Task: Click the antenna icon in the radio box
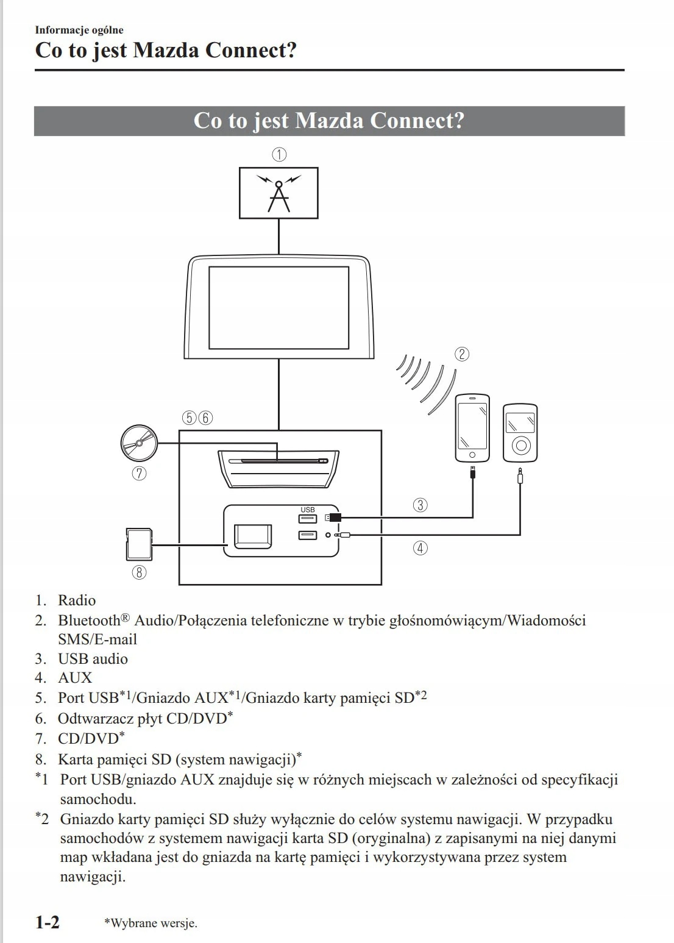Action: point(278,193)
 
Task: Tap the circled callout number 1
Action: point(279,154)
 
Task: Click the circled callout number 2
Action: point(462,354)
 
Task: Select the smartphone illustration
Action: point(472,427)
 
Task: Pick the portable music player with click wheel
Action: point(520,432)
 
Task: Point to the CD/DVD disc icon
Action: point(139,443)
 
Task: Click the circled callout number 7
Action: point(139,473)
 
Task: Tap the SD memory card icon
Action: point(138,544)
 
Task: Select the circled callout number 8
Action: point(139,572)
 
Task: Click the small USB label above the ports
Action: point(308,510)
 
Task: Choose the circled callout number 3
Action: point(420,505)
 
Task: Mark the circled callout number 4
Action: point(420,548)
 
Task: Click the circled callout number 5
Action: point(190,418)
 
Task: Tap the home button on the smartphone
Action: point(472,455)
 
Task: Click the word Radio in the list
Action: point(77,600)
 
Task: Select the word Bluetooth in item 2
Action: point(90,621)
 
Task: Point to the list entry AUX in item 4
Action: point(75,678)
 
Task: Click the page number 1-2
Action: point(48,922)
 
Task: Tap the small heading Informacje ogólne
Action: point(79,30)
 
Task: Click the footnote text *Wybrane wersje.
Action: point(151,923)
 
